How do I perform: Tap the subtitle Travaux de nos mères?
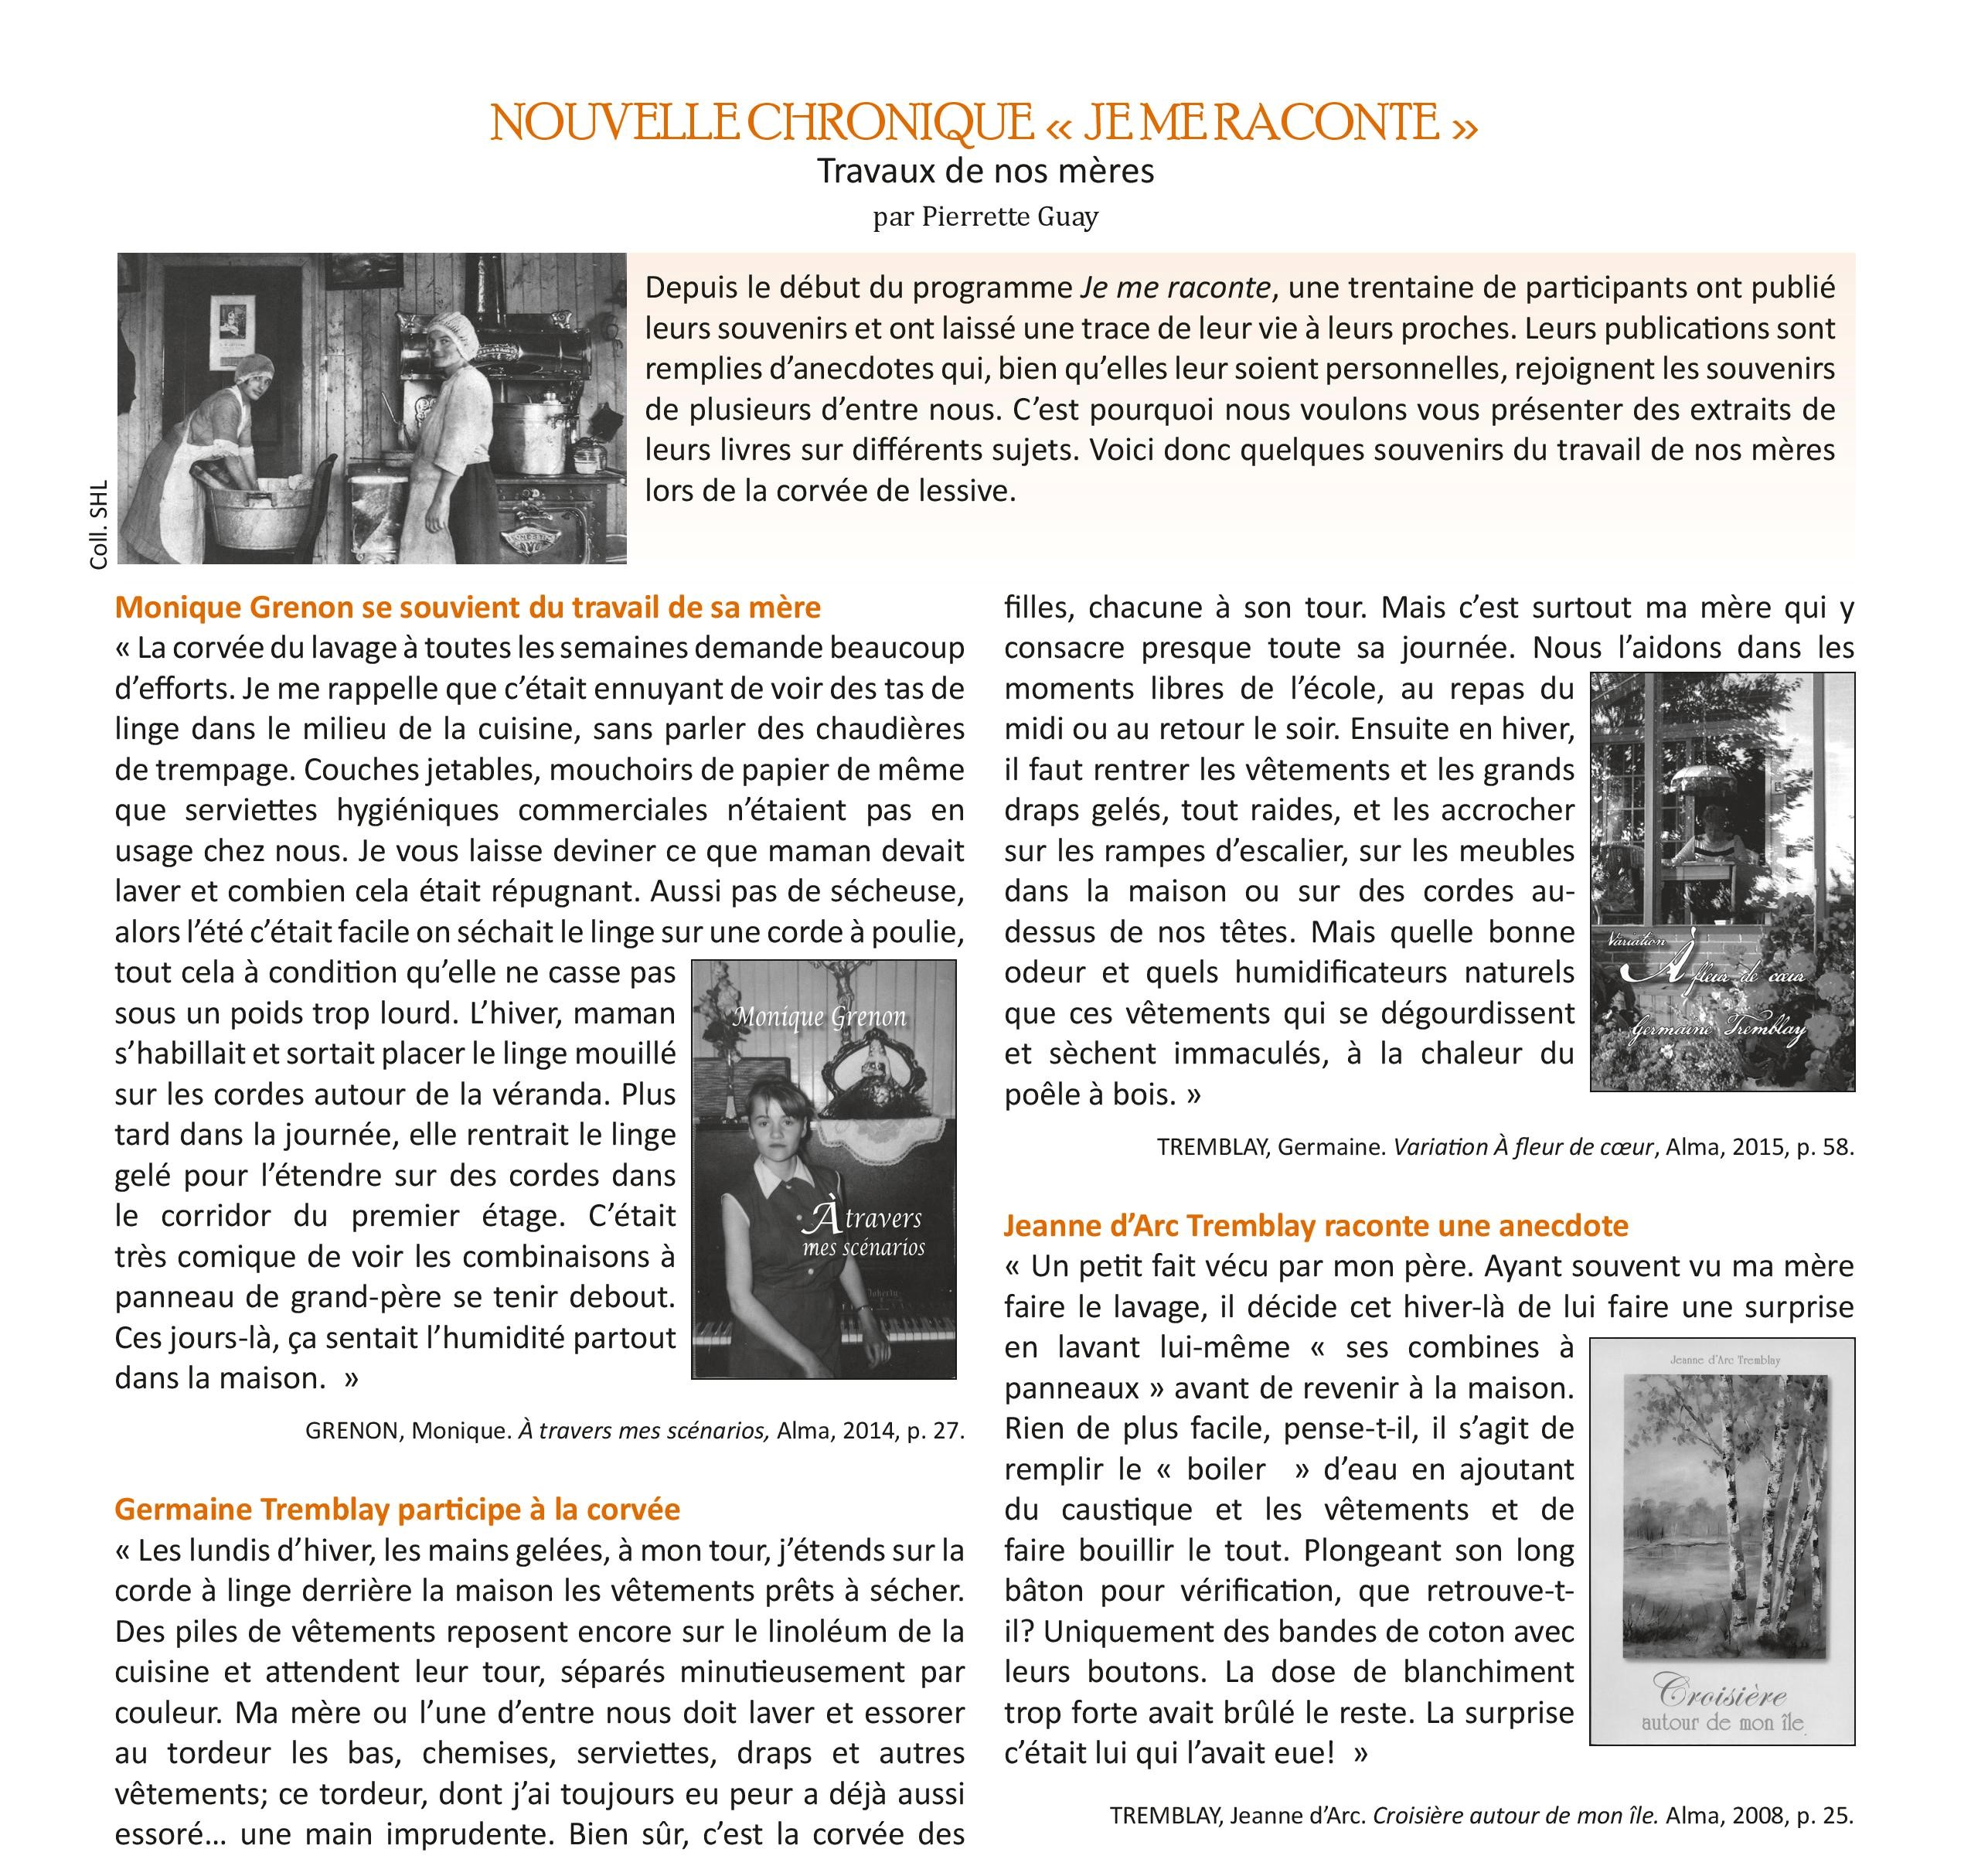click(985, 172)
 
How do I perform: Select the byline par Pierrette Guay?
click(985, 216)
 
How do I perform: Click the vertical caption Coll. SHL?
click(98, 525)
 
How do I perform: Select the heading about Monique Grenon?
click(468, 607)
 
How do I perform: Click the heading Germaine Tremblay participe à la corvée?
click(397, 1509)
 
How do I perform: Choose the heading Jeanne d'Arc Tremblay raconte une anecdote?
click(1316, 1225)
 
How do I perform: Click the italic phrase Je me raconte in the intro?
click(1175, 288)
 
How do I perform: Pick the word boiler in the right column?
click(1227, 1469)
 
